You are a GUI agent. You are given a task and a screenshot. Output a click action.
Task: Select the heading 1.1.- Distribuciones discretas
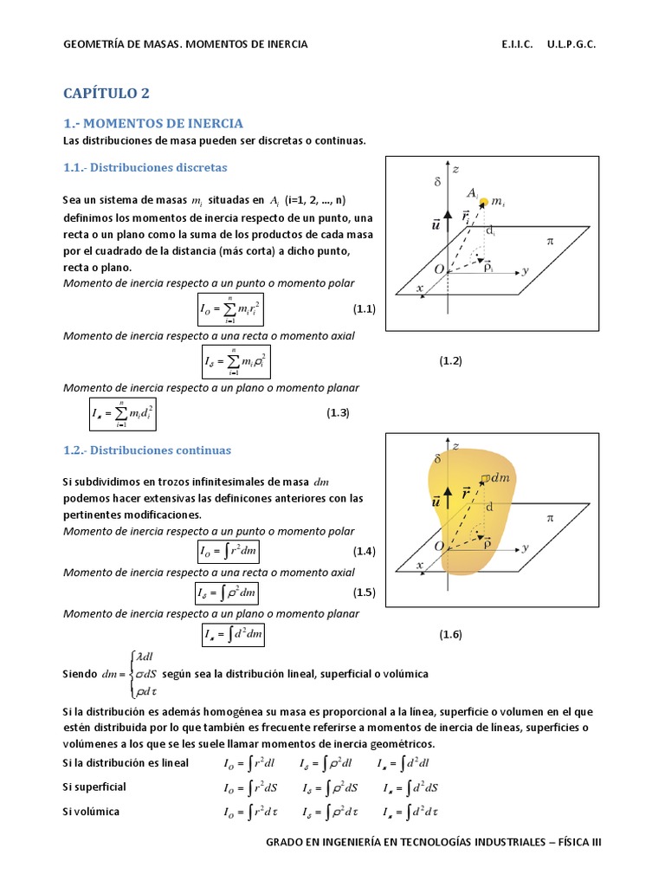pos(145,166)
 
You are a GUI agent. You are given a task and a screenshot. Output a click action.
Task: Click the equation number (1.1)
pos(363,309)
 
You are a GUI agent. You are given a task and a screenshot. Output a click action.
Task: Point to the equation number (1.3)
pos(337,413)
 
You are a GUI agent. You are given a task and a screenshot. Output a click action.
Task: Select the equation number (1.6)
pos(450,634)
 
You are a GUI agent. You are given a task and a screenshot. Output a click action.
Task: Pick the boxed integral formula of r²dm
pos(229,552)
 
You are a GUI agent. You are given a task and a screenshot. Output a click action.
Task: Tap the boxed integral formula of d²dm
pos(232,635)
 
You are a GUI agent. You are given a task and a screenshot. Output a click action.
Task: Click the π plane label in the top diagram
pos(548,242)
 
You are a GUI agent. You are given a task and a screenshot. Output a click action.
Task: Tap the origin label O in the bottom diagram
pos(439,546)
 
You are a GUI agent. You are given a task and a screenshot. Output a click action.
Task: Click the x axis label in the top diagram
pos(420,288)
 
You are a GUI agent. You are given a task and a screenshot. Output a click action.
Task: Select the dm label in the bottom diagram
pos(500,477)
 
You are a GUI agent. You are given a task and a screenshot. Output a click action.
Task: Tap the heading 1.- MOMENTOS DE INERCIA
pos(153,123)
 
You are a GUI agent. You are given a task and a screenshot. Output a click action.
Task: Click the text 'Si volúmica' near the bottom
pos(91,812)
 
